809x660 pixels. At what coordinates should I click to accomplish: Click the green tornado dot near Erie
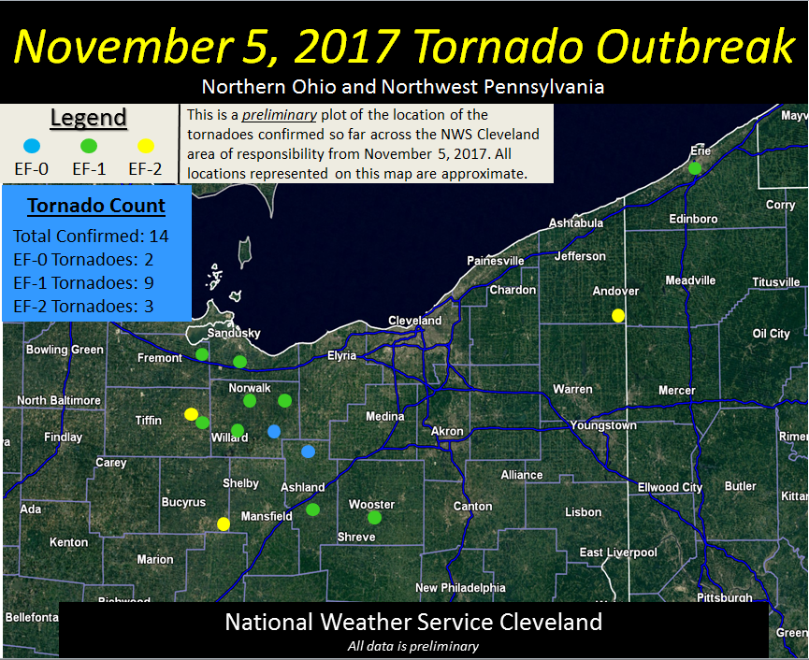point(695,168)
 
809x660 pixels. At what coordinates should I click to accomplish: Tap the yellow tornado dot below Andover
point(618,316)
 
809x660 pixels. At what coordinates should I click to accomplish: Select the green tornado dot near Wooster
point(374,517)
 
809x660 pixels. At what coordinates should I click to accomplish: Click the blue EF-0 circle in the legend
point(32,145)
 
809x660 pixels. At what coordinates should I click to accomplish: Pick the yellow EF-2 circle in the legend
point(145,145)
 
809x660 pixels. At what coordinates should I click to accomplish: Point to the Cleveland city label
point(414,321)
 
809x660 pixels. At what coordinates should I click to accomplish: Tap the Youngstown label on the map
point(603,425)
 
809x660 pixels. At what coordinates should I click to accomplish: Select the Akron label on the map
point(446,431)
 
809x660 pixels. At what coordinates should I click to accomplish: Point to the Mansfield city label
point(267,516)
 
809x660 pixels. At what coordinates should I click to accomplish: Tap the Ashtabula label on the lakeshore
point(576,223)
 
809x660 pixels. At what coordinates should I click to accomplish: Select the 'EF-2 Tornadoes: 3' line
point(83,306)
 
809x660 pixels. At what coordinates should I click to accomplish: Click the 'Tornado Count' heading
point(96,206)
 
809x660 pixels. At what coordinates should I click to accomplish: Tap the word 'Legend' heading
point(88,118)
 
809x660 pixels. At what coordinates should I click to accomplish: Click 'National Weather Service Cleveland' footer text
point(413,623)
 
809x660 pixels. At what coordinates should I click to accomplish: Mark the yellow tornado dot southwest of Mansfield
point(224,524)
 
